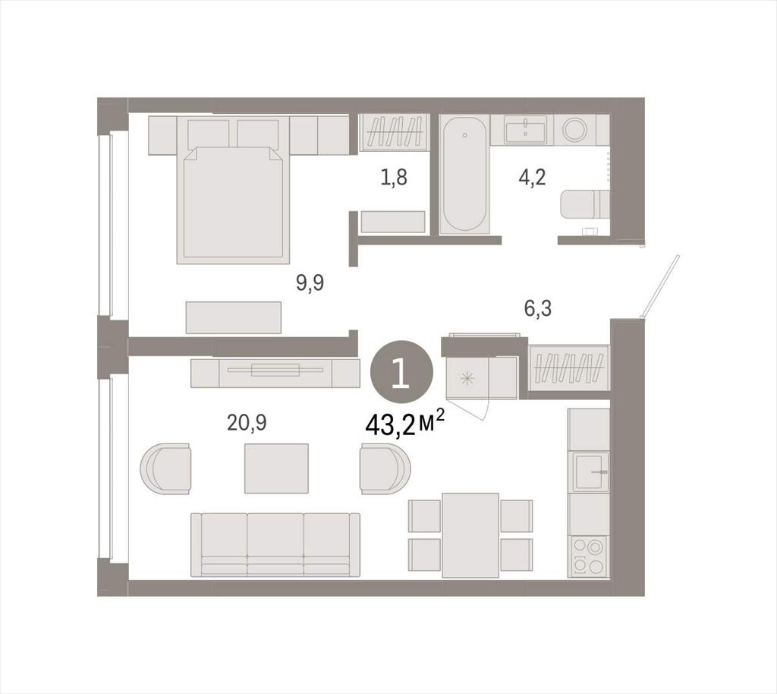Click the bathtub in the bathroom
point(464,174)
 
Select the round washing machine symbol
point(575,130)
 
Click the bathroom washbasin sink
point(526,130)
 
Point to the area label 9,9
point(310,283)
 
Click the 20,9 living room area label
point(247,422)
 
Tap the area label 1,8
point(394,177)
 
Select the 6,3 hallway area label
point(538,308)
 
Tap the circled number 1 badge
point(401,372)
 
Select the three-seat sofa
point(275,544)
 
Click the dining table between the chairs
point(470,535)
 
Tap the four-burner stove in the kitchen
point(589,557)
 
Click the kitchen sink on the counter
point(590,472)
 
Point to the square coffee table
point(276,468)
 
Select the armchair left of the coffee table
point(165,468)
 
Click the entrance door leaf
point(661,286)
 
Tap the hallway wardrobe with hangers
point(568,368)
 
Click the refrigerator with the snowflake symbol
point(482,377)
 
